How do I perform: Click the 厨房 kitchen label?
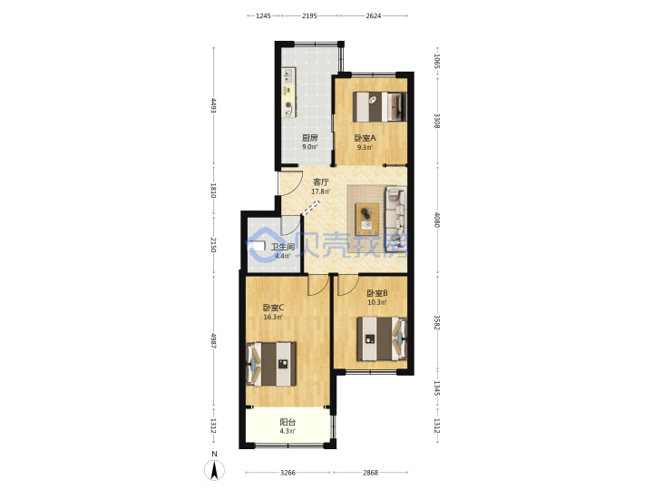pos(309,138)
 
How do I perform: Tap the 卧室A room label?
pos(365,138)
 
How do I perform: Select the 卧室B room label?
pos(377,293)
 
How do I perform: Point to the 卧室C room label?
pos(273,308)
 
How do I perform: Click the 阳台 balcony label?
pos(288,422)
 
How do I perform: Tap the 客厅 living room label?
pos(321,182)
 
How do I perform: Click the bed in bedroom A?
pos(379,107)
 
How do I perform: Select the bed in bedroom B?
pos(382,338)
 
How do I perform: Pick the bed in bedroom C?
pos(271,364)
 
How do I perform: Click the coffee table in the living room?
pos(367,220)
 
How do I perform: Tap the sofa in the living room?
pos(396,220)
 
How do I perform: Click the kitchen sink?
pos(288,75)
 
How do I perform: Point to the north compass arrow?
pos(214,470)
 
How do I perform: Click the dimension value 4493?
pos(214,105)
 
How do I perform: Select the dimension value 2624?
pos(373,15)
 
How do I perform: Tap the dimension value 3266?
pos(288,473)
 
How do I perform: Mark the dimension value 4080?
pos(437,220)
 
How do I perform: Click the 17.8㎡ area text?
pos(321,191)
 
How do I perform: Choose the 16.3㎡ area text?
pos(273,317)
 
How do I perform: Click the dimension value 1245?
pos(263,15)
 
